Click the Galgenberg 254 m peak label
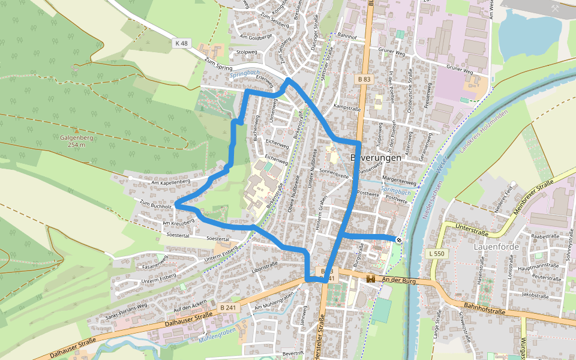[76, 140]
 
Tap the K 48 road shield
[181, 43]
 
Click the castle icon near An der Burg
[370, 279]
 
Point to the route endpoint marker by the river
[399, 239]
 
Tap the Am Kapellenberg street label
[170, 181]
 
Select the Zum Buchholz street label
[155, 205]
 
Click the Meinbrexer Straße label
[533, 196]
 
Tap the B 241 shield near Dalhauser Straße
[227, 307]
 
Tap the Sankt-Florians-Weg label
[126, 305]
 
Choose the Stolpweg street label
[247, 53]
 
